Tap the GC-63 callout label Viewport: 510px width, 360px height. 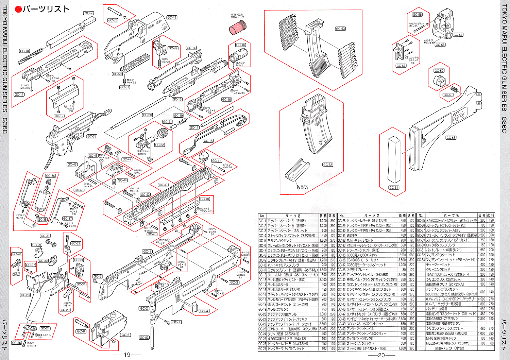click(x=340, y=29)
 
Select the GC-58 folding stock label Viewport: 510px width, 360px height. click(x=451, y=138)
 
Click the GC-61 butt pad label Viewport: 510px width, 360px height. click(x=394, y=187)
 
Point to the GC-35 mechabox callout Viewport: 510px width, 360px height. click(x=92, y=136)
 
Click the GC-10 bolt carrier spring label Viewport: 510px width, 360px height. click(x=24, y=51)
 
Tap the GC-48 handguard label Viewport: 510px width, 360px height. click(x=172, y=17)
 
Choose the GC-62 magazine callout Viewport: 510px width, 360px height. click(x=328, y=165)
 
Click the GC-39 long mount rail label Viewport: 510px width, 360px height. click(x=163, y=185)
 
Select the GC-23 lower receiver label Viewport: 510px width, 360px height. click(x=25, y=295)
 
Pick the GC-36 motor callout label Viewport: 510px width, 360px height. click(x=50, y=176)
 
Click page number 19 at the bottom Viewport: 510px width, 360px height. click(x=127, y=355)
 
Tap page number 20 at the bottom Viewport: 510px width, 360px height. click(x=381, y=355)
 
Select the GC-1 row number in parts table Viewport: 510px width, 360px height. click(x=262, y=221)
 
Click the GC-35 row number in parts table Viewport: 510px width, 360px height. click(x=341, y=255)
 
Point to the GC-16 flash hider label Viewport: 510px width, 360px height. click(x=241, y=45)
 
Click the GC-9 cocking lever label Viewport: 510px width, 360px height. click(x=88, y=13)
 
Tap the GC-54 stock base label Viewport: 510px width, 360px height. click(x=458, y=35)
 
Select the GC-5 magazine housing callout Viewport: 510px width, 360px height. click(x=125, y=335)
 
